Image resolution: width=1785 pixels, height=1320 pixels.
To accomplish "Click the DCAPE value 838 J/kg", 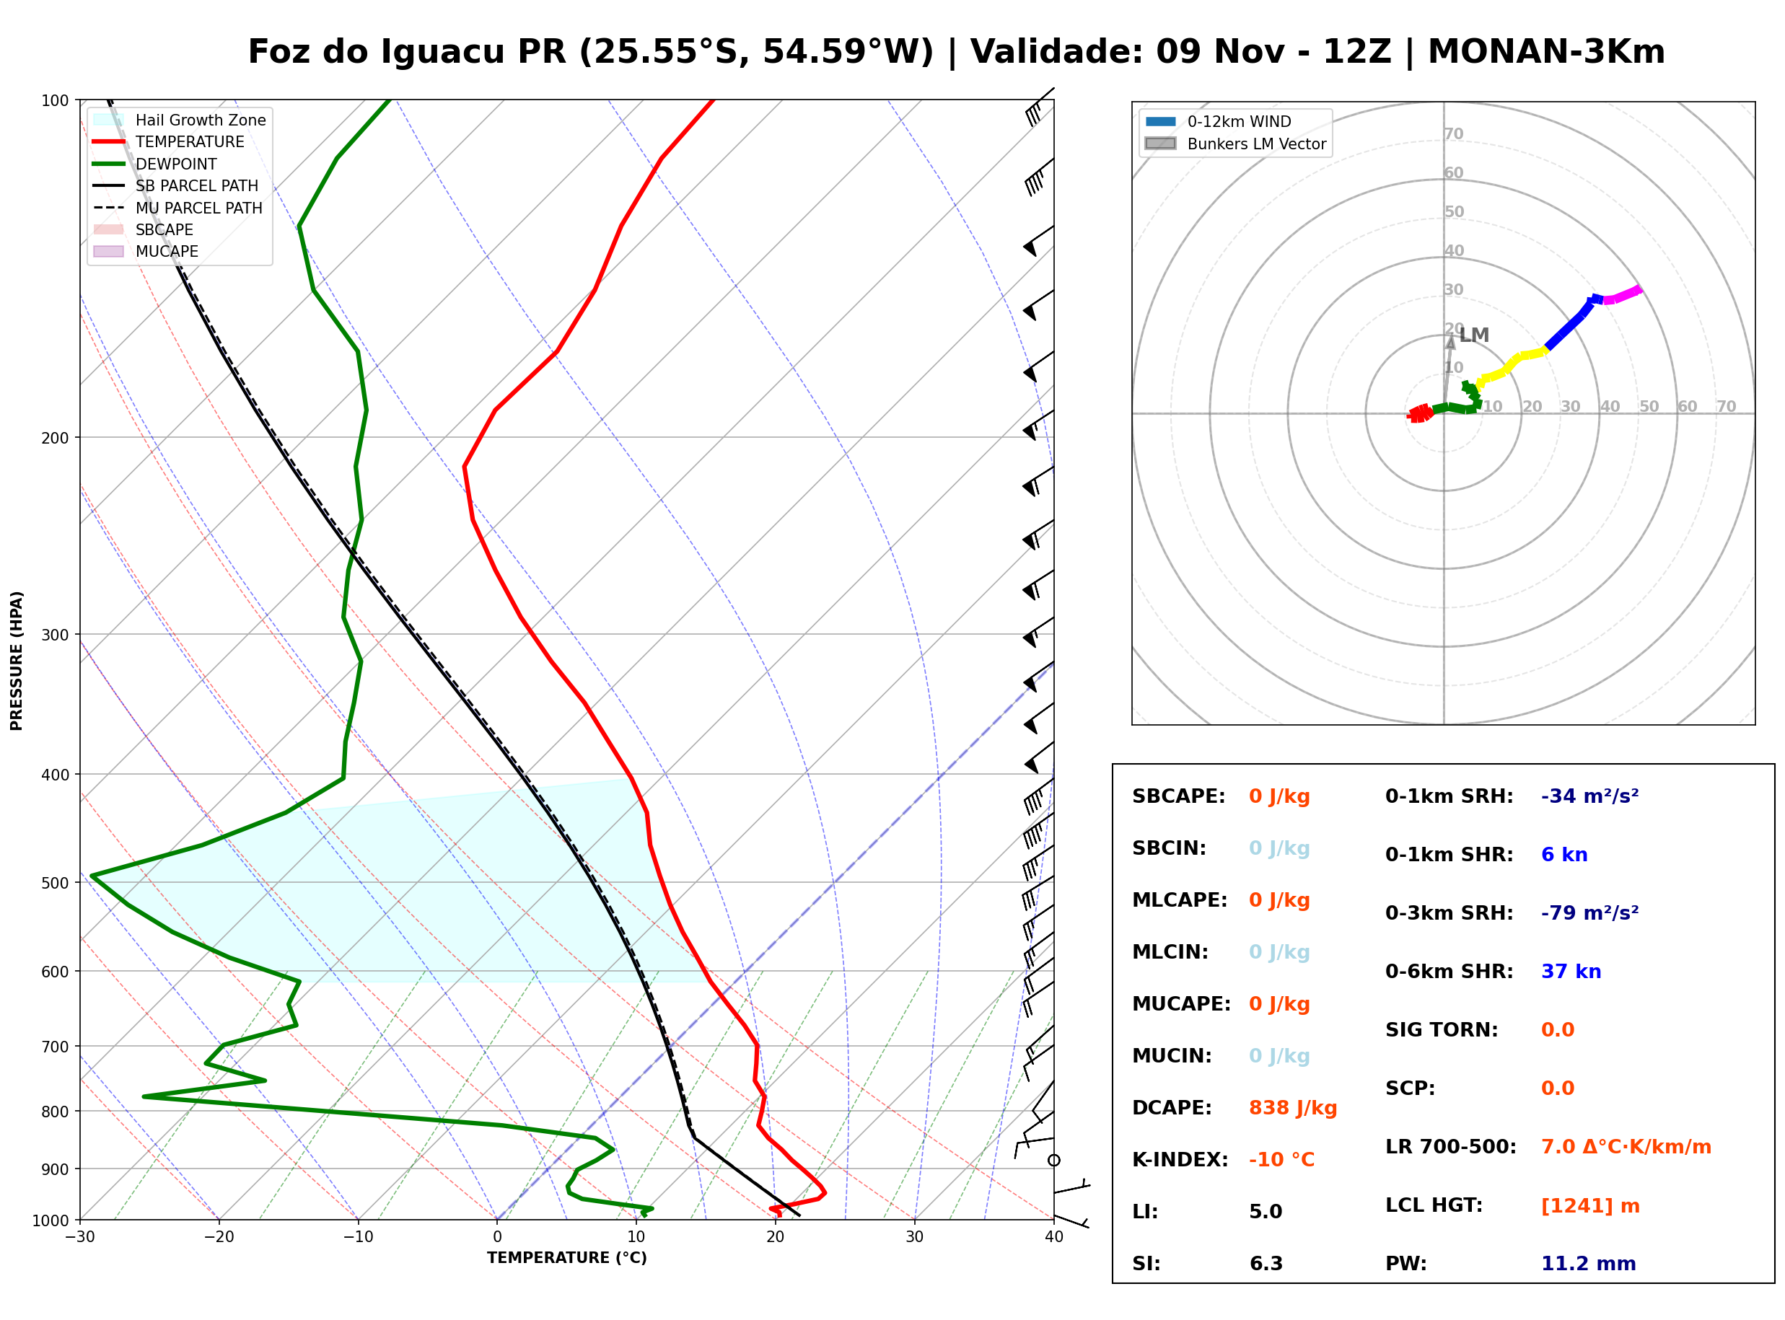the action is coord(1292,1107).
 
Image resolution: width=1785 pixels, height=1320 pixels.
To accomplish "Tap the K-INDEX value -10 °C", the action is coord(1281,1159).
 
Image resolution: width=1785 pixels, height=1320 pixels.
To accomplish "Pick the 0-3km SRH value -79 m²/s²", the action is coord(1589,912).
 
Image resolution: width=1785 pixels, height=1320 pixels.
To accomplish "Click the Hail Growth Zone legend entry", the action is coord(180,120).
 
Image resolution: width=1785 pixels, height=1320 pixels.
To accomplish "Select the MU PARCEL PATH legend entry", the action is coord(178,208).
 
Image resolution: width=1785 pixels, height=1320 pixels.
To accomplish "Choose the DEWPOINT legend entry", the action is coord(155,164).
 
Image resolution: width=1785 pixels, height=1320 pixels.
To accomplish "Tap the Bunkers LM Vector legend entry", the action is coord(1235,144).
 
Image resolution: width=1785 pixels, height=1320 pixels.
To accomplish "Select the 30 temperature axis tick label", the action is coord(915,1237).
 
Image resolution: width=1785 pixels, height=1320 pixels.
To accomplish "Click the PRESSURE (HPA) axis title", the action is coord(17,661).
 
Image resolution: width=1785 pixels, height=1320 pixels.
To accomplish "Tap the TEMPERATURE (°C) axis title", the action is coord(567,1258).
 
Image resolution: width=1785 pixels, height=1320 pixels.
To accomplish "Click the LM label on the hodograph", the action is coord(1474,335).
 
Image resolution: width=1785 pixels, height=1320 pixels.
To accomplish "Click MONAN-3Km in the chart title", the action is coord(1546,52).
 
